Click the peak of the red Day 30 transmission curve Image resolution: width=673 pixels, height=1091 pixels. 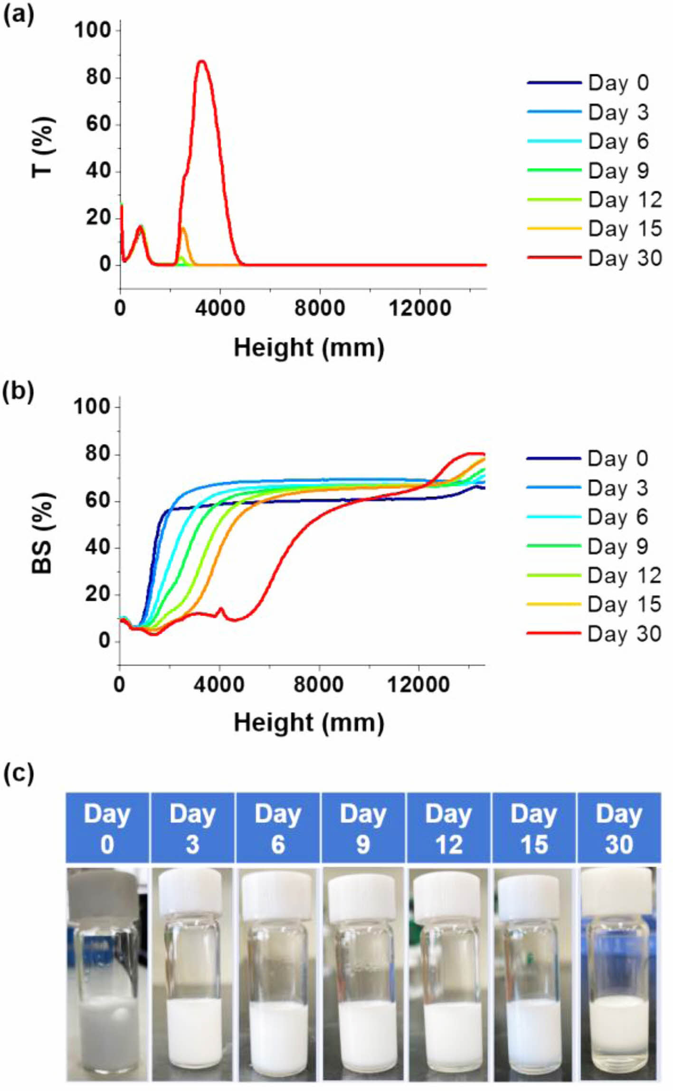tap(202, 61)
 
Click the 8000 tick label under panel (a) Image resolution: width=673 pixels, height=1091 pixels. tap(319, 308)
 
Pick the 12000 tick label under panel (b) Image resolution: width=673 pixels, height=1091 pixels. tap(418, 685)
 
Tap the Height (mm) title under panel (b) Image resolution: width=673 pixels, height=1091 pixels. tap(309, 723)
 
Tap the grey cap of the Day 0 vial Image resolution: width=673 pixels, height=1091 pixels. tap(107, 892)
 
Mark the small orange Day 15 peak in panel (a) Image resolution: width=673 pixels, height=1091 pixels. tap(183, 229)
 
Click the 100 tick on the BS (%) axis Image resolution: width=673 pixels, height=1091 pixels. tap(97, 407)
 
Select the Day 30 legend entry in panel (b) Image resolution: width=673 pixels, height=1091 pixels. tap(594, 634)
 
